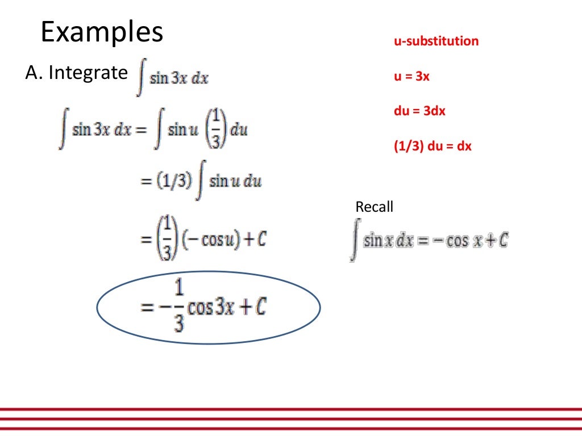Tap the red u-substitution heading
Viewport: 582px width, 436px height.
[x=436, y=41]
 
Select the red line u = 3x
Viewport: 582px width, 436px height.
[x=411, y=76]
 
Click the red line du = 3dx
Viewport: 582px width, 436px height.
[x=419, y=111]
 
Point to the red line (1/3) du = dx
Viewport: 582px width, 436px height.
[x=433, y=146]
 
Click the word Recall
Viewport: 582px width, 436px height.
[x=374, y=207]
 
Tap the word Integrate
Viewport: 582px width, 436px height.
[x=88, y=73]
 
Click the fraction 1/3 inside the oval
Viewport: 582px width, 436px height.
[x=178, y=308]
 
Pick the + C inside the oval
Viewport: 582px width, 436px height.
[x=255, y=308]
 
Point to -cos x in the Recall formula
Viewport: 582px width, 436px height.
[x=449, y=241]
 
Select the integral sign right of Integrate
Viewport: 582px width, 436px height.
[x=140, y=78]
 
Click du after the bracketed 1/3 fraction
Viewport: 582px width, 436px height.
[x=239, y=131]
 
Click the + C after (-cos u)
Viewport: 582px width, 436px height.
[x=255, y=240]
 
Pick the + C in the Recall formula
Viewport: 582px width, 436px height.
[x=497, y=241]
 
